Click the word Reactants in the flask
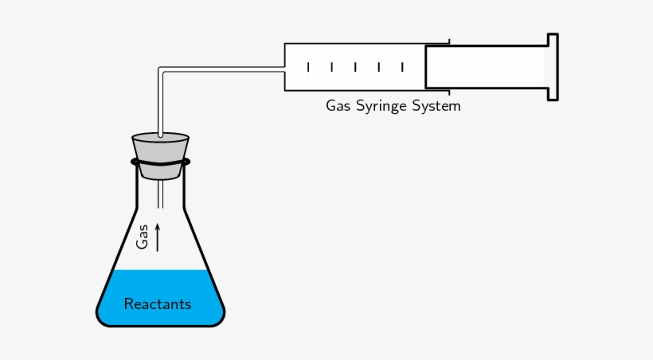pos(158,304)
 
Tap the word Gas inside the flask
pos(143,237)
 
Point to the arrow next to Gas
pos(158,237)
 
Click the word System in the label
pos(436,106)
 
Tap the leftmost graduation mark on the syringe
pos(308,68)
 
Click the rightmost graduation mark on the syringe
pos(403,68)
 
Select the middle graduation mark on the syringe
pos(355,68)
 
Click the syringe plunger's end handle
pos(552,67)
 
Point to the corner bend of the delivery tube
pos(162,70)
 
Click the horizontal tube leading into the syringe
pos(223,69)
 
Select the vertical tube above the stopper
pos(160,104)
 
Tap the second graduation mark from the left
pos(331,68)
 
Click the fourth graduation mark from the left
pos(379,68)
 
